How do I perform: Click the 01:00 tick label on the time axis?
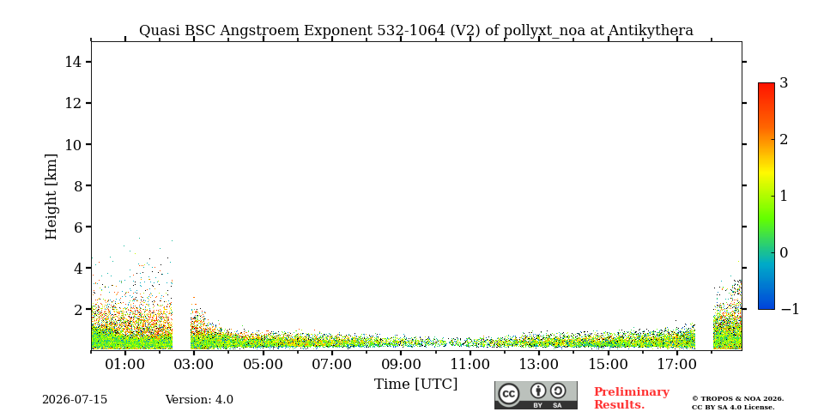125,364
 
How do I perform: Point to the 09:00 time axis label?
401,364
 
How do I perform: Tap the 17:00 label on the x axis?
676,364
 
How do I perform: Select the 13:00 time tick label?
539,364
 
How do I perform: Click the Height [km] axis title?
51,197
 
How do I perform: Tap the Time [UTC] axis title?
415,385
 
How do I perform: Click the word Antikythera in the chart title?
651,31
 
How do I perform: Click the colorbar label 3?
784,83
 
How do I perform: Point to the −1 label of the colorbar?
790,309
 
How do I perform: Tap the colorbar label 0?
784,252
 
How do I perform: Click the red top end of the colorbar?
766,84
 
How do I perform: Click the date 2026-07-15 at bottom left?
75,400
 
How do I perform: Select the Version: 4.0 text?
199,400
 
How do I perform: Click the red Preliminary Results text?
632,398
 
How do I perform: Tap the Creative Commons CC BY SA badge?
536,395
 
